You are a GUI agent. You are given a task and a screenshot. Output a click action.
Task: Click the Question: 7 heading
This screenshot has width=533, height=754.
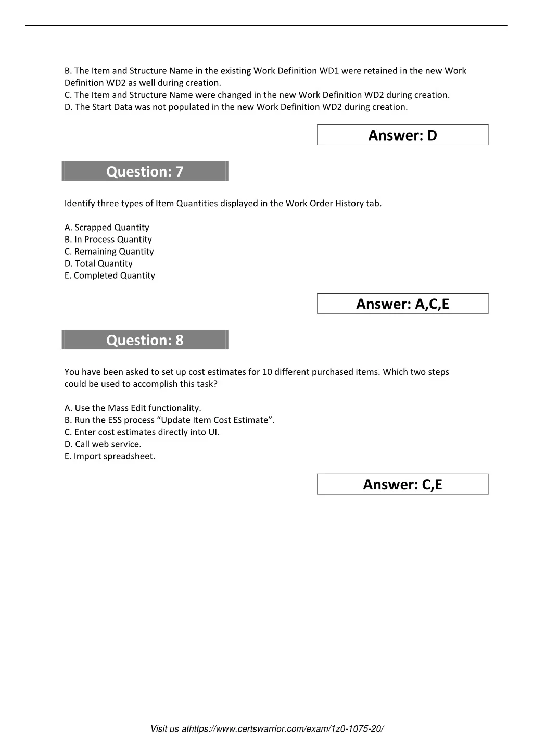click(x=145, y=171)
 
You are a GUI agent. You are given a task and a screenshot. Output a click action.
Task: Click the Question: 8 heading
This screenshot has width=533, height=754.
click(x=145, y=340)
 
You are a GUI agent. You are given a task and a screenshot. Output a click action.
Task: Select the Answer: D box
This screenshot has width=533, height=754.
click(x=402, y=135)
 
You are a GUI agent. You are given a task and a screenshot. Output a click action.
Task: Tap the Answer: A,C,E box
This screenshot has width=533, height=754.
click(x=402, y=304)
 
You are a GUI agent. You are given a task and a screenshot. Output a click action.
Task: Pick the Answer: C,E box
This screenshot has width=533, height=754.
click(x=402, y=485)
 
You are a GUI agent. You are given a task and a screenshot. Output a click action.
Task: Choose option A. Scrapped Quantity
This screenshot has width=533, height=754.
click(x=107, y=228)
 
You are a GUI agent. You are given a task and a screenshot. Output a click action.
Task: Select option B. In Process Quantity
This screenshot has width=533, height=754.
click(x=108, y=240)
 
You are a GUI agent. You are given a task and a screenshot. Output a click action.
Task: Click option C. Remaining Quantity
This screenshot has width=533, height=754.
click(x=109, y=252)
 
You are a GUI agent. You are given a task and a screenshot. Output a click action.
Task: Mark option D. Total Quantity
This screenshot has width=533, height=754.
click(x=98, y=263)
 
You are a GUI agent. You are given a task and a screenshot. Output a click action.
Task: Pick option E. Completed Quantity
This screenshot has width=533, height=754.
click(x=110, y=275)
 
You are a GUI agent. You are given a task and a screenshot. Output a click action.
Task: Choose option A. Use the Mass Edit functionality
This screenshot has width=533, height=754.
click(x=133, y=408)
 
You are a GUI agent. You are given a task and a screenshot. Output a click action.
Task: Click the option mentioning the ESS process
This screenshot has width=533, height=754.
click(x=170, y=420)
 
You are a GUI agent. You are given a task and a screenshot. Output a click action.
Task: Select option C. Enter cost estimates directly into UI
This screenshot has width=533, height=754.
click(x=142, y=432)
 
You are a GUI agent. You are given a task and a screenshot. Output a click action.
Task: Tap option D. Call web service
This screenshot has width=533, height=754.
click(x=103, y=444)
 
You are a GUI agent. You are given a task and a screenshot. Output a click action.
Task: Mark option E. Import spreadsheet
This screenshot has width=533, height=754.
click(x=110, y=456)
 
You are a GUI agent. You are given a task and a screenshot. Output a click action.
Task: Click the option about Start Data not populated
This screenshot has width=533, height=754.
click(x=236, y=107)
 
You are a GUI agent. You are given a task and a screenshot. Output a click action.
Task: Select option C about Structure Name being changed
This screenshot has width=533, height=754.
click(x=257, y=95)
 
